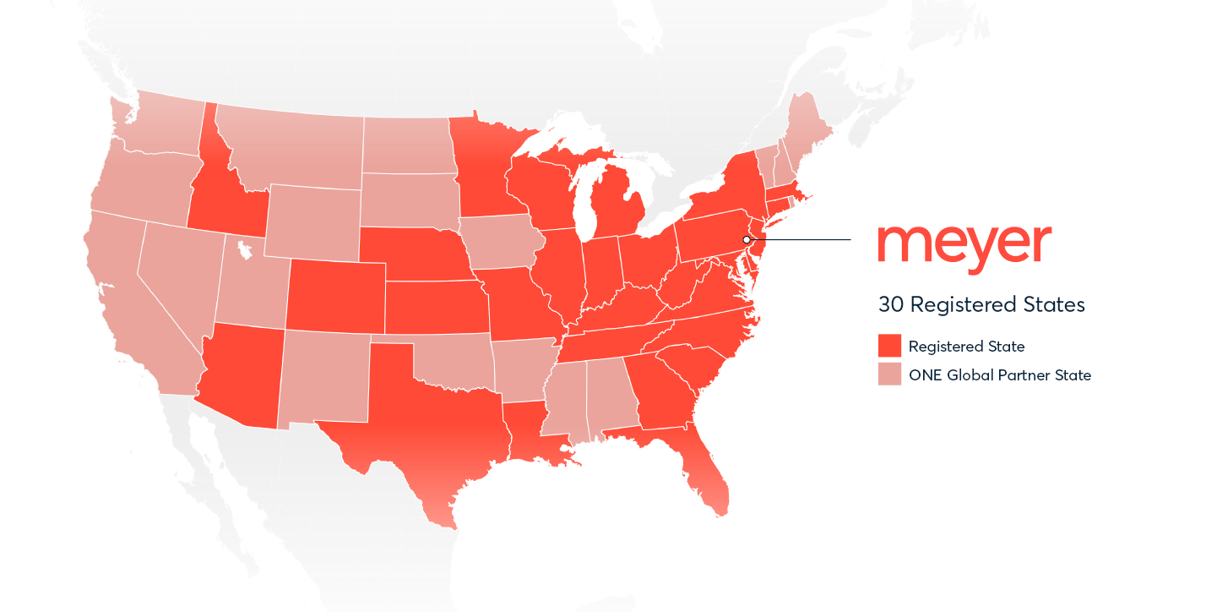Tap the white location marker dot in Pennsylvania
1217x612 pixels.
[747, 240]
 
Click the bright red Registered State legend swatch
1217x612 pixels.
[889, 346]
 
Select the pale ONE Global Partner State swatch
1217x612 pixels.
[889, 374]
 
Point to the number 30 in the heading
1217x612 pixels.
[891, 304]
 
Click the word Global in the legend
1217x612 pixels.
[970, 374]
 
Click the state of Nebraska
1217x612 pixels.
[414, 253]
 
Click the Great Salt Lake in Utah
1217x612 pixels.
[244, 250]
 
